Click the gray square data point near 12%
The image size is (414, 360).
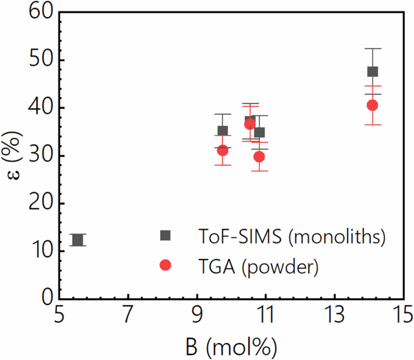click(77, 240)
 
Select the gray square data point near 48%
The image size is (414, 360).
click(372, 71)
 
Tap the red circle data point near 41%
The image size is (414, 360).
click(372, 105)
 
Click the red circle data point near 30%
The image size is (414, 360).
click(259, 157)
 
